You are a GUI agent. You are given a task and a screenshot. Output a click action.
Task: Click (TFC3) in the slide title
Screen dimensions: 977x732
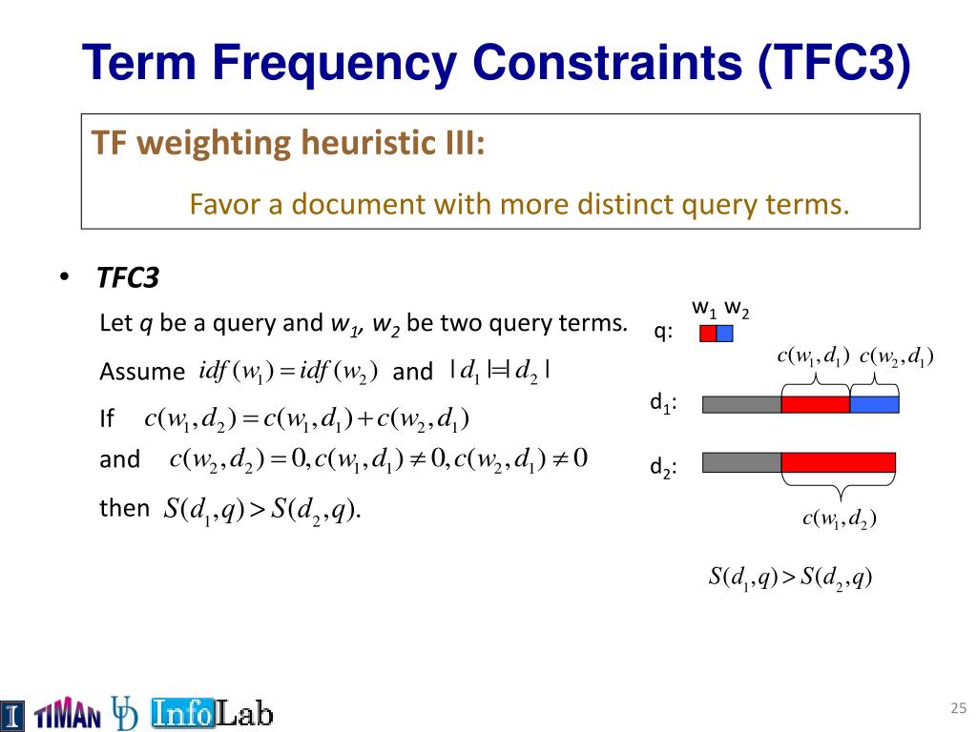coord(834,62)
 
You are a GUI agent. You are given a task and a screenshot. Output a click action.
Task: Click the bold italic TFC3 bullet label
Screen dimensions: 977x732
coord(128,277)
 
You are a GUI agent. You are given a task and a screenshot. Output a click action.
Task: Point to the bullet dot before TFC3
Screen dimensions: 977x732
coord(64,277)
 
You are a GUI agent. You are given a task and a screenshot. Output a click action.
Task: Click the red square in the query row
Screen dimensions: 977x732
coord(708,334)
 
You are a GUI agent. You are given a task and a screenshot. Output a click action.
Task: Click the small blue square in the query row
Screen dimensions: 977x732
coord(725,334)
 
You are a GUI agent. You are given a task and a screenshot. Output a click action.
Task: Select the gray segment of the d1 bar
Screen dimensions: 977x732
coord(741,404)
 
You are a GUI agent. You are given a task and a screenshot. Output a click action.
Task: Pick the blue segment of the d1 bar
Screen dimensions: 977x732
coord(874,404)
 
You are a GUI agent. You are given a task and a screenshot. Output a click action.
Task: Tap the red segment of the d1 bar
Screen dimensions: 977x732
coord(816,404)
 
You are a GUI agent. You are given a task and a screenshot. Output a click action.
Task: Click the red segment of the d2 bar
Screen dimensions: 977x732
coord(839,462)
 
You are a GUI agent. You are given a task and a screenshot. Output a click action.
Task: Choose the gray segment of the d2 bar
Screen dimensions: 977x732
coord(741,462)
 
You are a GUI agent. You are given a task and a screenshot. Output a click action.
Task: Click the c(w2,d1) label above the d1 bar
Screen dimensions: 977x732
coord(897,356)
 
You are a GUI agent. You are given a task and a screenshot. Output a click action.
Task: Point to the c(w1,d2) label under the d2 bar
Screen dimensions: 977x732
coord(840,518)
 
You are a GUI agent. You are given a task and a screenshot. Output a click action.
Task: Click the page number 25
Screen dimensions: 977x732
coord(958,708)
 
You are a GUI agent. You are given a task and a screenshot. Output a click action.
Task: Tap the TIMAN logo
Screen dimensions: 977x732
coord(68,715)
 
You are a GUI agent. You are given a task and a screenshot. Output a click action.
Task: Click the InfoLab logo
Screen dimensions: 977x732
coord(213,713)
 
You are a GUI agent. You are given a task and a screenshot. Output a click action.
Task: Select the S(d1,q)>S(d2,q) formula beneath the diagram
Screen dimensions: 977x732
coord(790,578)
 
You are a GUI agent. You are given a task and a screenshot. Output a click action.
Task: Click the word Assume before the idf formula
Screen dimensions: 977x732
coord(142,372)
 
